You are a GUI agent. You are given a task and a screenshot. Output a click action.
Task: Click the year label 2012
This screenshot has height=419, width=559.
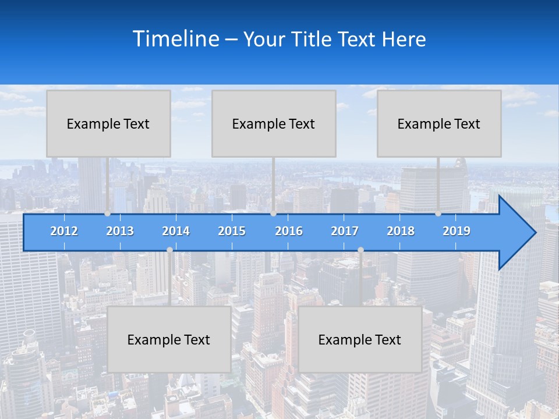pyautogui.click(x=64, y=231)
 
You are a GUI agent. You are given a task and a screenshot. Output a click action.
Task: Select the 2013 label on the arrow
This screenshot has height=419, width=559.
pyautogui.click(x=120, y=231)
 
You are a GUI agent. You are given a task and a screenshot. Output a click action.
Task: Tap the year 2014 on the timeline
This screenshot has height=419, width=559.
pyautogui.click(x=176, y=231)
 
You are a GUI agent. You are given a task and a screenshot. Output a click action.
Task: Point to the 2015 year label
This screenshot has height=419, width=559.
pyautogui.click(x=232, y=231)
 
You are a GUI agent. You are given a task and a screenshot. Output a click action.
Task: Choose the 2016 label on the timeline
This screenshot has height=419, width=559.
pyautogui.click(x=289, y=231)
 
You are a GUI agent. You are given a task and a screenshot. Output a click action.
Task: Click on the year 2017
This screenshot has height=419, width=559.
pyautogui.click(x=345, y=231)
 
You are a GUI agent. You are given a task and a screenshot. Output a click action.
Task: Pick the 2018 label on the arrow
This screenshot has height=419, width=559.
pyautogui.click(x=401, y=231)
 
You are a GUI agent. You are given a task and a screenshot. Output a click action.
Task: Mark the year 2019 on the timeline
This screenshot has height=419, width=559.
pyautogui.click(x=457, y=231)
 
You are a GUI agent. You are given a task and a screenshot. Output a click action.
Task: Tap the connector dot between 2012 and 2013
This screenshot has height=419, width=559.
pyautogui.click(x=108, y=214)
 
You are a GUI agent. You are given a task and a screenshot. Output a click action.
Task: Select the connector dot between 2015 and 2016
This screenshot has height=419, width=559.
pyautogui.click(x=273, y=214)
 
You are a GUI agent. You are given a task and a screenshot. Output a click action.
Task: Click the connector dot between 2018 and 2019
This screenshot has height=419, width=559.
pyautogui.click(x=438, y=214)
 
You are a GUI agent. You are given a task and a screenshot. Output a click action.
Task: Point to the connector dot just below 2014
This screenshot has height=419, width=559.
pyautogui.click(x=169, y=250)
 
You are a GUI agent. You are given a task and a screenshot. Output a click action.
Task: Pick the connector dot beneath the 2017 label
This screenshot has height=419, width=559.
pyautogui.click(x=360, y=250)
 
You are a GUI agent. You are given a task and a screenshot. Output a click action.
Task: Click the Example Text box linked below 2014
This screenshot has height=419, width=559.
pyautogui.click(x=169, y=339)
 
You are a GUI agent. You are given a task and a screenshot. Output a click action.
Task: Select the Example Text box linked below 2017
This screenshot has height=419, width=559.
pyautogui.click(x=360, y=339)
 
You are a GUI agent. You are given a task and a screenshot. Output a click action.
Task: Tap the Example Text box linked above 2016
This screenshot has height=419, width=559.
pyautogui.click(x=274, y=123)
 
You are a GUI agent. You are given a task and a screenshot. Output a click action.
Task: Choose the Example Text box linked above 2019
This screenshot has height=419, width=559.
pyautogui.click(x=439, y=123)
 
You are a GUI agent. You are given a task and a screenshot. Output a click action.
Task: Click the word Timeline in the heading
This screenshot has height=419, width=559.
pyautogui.click(x=176, y=39)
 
